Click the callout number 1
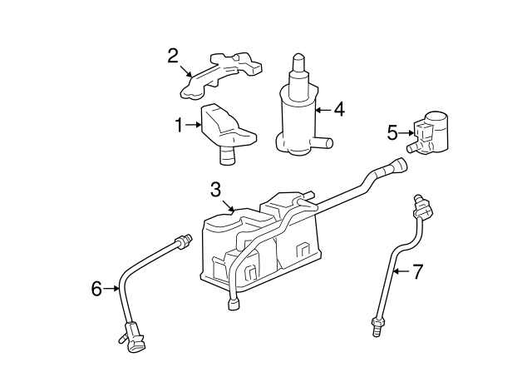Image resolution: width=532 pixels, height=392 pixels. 178,126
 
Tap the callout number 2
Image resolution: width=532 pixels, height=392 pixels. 173,56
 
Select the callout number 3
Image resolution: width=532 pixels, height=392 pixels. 215,189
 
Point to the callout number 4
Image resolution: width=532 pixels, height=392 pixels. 339,109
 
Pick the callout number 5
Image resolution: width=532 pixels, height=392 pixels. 393,131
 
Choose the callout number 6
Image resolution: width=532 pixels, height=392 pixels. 97,289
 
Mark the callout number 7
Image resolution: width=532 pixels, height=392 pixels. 418,270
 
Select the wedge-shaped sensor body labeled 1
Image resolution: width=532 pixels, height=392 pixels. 227,125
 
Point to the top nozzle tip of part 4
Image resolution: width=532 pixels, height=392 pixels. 298,61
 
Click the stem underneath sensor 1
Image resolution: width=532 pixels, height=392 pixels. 226,153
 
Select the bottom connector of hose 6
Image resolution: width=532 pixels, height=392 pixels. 131,337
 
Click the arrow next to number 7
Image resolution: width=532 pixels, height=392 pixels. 401,270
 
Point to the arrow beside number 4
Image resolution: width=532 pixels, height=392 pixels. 324,109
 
